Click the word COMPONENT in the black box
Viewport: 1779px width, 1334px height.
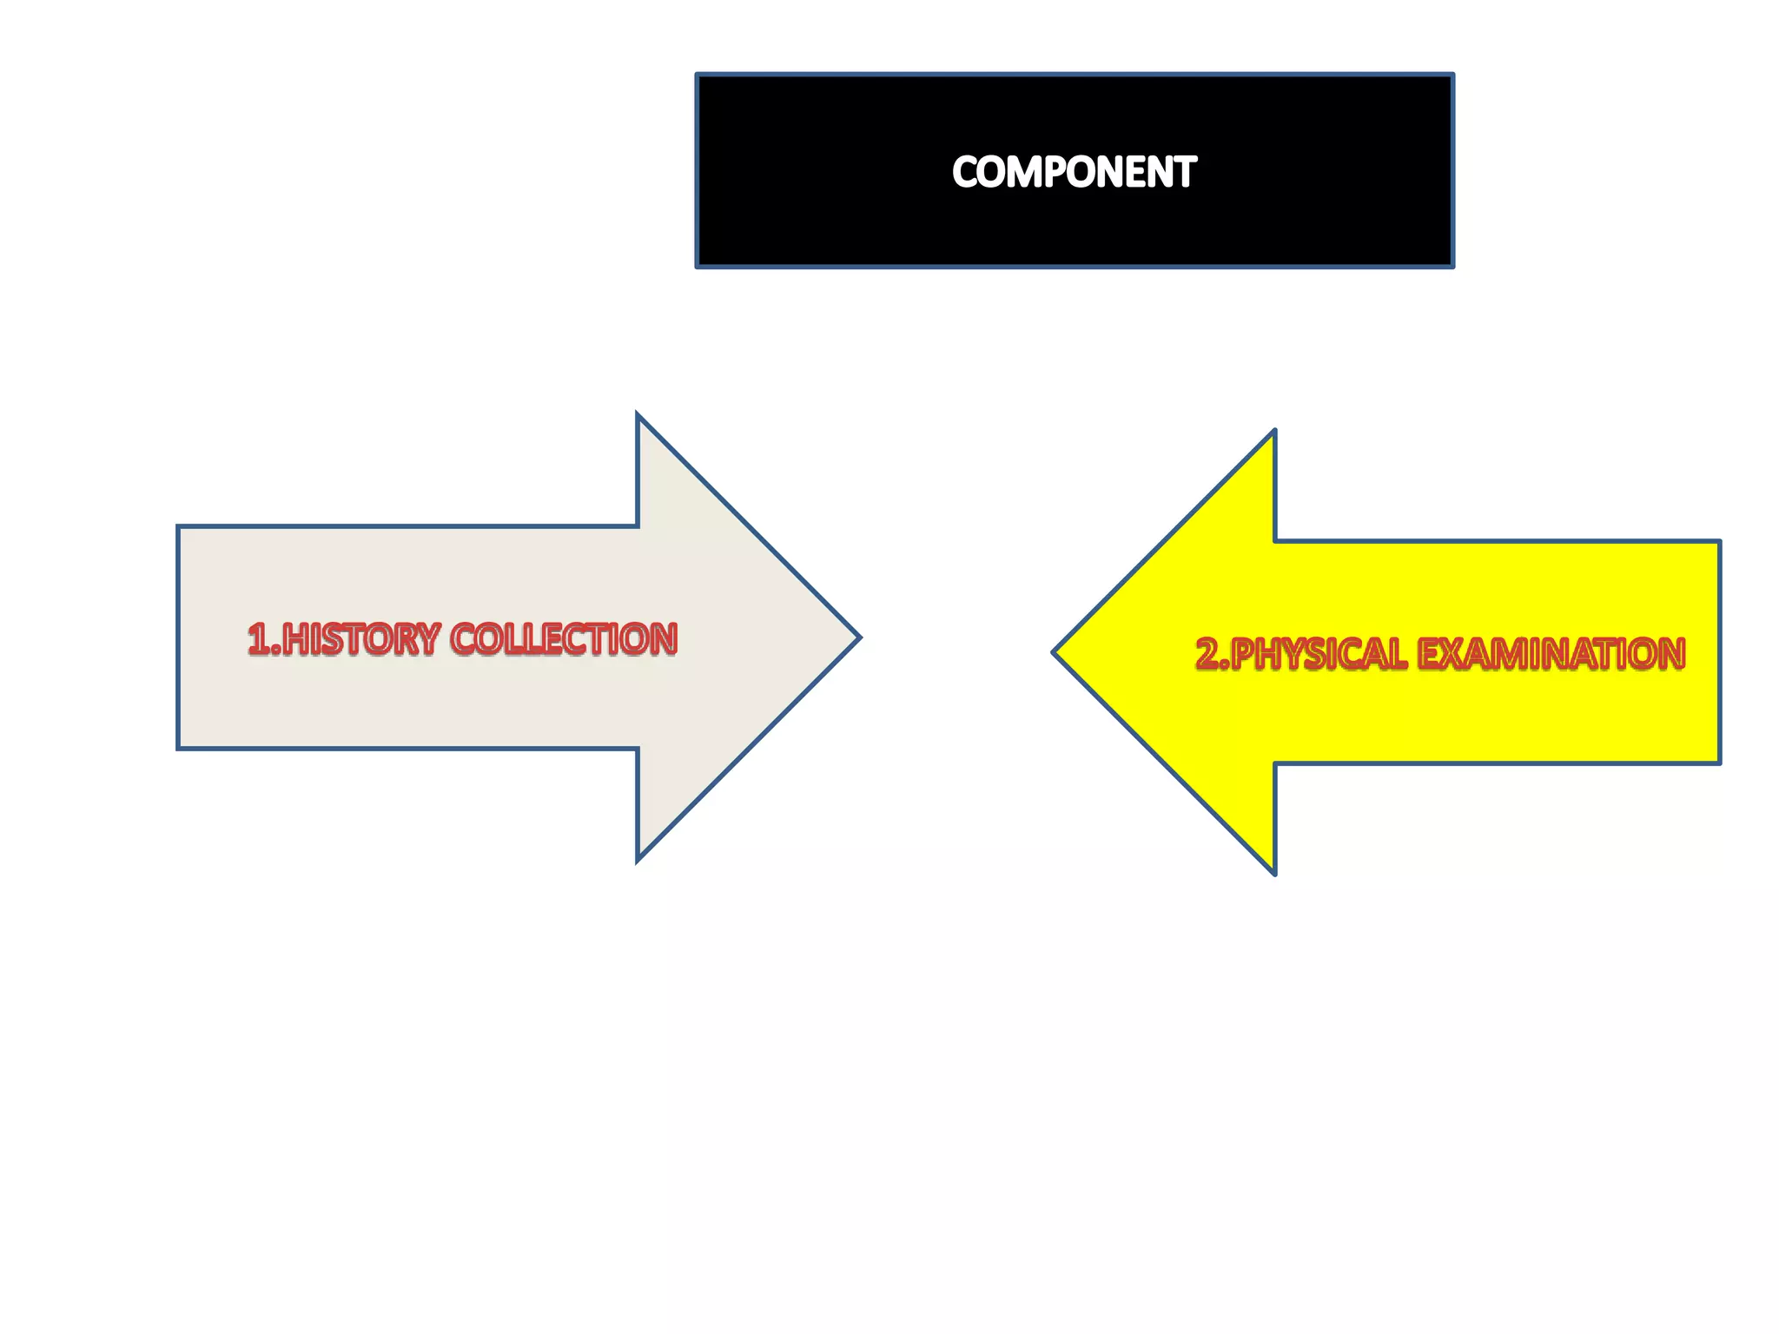point(1074,172)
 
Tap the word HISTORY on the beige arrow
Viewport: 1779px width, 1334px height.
point(361,639)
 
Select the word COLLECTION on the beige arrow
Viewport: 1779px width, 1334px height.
point(564,639)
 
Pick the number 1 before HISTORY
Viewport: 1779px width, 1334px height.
point(259,639)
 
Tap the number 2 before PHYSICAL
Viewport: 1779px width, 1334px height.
point(1207,654)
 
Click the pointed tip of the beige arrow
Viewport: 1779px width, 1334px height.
point(858,637)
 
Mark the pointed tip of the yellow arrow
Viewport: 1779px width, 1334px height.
point(1055,652)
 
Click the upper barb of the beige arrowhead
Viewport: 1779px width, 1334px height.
point(638,416)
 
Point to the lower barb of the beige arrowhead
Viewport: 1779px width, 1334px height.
point(638,860)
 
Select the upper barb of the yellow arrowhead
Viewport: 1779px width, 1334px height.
point(1273,431)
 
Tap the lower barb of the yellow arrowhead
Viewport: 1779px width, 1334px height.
point(1273,873)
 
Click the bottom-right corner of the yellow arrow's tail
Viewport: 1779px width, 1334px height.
point(1718,762)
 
